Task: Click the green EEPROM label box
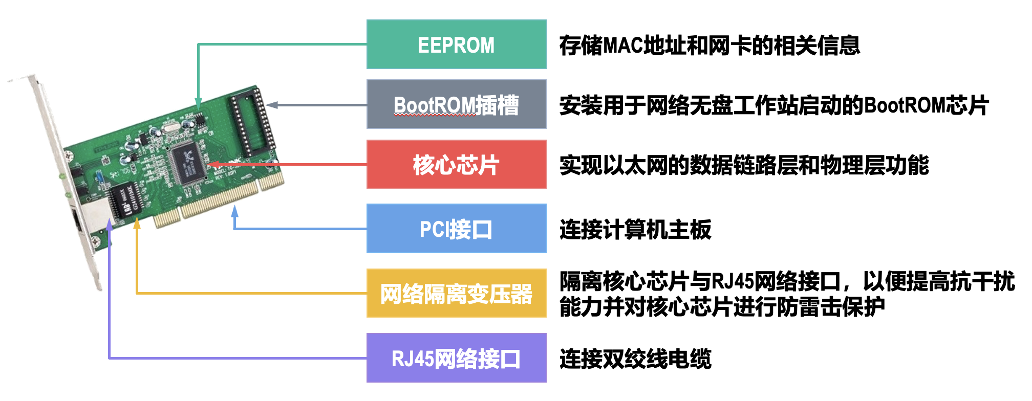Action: pyautogui.click(x=456, y=44)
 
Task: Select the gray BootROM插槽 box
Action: pyautogui.click(x=456, y=104)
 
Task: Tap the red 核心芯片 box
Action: pyautogui.click(x=456, y=164)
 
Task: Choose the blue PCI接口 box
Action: pyautogui.click(x=456, y=229)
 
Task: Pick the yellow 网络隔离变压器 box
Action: pyautogui.click(x=456, y=293)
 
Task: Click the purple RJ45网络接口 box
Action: pyautogui.click(x=456, y=358)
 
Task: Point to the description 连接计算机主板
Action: pyautogui.click(x=635, y=230)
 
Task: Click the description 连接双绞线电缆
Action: pyautogui.click(x=635, y=359)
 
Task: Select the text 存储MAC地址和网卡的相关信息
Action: pyautogui.click(x=709, y=46)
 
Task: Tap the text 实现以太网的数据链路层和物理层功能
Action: pyautogui.click(x=744, y=165)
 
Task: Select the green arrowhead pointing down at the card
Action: pyautogui.click(x=198, y=103)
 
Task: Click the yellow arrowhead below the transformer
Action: pyautogui.click(x=137, y=223)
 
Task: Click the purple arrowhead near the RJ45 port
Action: pyautogui.click(x=109, y=225)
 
